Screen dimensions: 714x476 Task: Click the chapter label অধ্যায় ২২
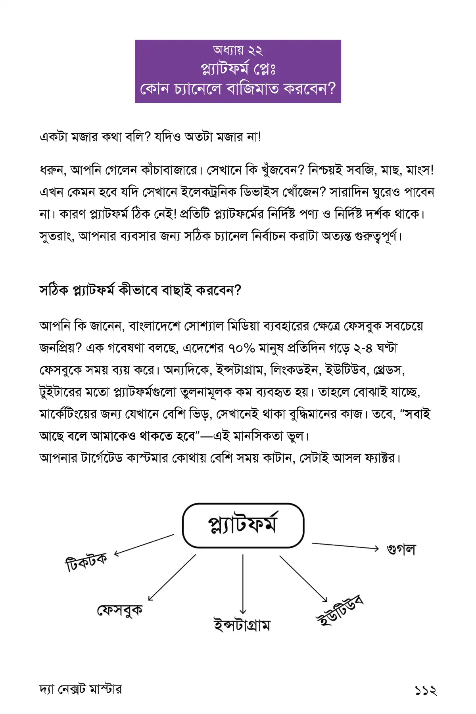click(238, 50)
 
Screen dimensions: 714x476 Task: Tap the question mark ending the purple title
click(331, 88)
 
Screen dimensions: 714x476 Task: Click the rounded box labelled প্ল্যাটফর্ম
click(243, 525)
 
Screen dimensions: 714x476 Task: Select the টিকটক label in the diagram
click(86, 561)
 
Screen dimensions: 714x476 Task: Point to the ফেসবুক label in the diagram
click(120, 610)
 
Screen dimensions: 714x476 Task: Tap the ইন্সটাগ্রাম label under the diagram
click(242, 625)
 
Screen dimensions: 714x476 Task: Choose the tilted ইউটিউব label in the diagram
click(340, 610)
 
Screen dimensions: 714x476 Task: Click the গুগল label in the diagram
click(401, 549)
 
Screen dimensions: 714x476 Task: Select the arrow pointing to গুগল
click(345, 546)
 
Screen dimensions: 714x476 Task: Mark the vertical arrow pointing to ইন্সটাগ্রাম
click(243, 583)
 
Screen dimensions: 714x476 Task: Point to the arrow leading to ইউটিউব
click(303, 578)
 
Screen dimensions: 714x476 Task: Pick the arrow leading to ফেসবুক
click(172, 577)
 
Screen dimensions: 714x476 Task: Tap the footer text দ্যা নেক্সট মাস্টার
click(81, 689)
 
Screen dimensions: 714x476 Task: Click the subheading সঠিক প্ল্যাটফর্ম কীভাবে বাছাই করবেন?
click(140, 290)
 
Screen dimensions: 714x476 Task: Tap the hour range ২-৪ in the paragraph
click(363, 348)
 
